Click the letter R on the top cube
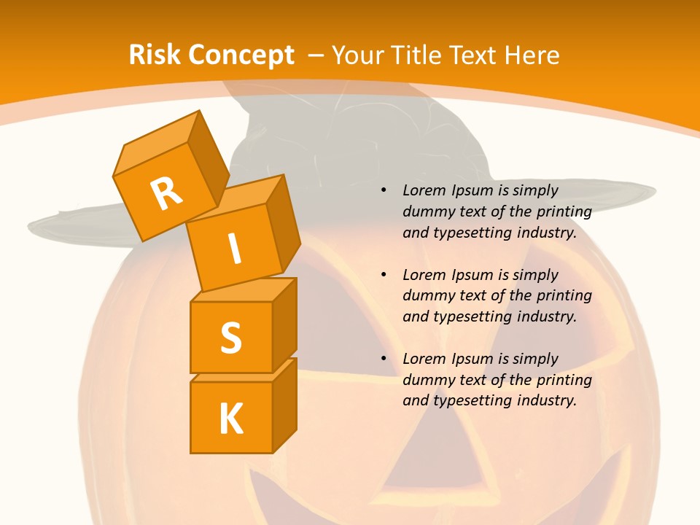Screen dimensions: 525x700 tap(166, 193)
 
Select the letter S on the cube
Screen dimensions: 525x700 tap(230, 338)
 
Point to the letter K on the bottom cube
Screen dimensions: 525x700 tap(230, 419)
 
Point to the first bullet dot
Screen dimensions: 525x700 tap(384, 190)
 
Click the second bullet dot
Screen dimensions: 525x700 tap(384, 275)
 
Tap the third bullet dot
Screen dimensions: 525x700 tap(384, 359)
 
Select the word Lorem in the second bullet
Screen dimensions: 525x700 tap(423, 275)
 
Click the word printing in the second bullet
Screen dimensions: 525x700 tap(564, 296)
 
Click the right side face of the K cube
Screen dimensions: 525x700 tap(284, 405)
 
